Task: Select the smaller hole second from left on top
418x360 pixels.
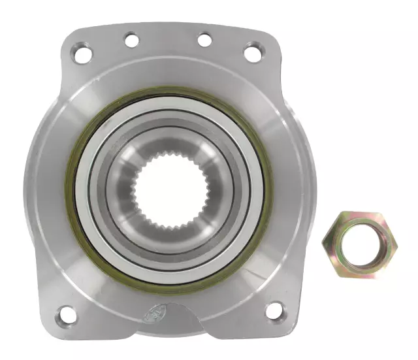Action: pyautogui.click(x=131, y=41)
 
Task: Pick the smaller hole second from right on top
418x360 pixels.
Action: pyautogui.click(x=204, y=40)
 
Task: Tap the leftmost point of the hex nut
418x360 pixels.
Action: pyautogui.click(x=323, y=244)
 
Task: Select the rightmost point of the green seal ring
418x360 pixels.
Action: pyautogui.click(x=270, y=189)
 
